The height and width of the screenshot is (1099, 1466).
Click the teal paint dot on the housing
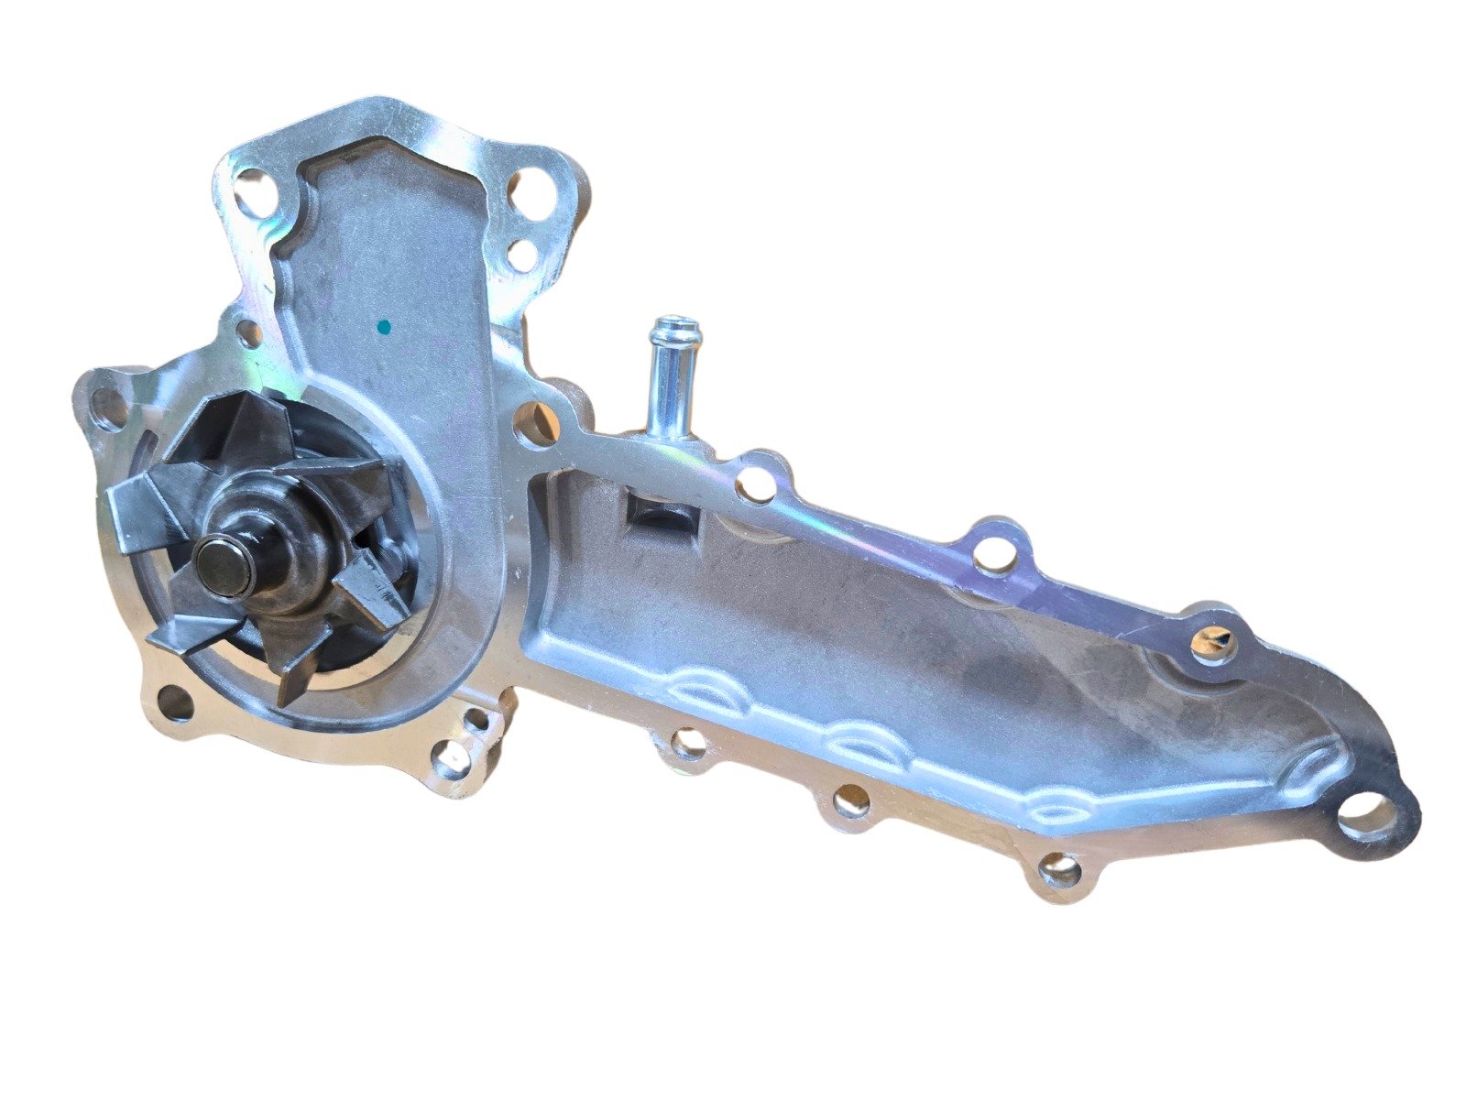click(384, 326)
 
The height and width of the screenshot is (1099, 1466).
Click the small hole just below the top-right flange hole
click(521, 254)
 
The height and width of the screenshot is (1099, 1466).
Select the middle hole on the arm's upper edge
click(995, 553)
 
